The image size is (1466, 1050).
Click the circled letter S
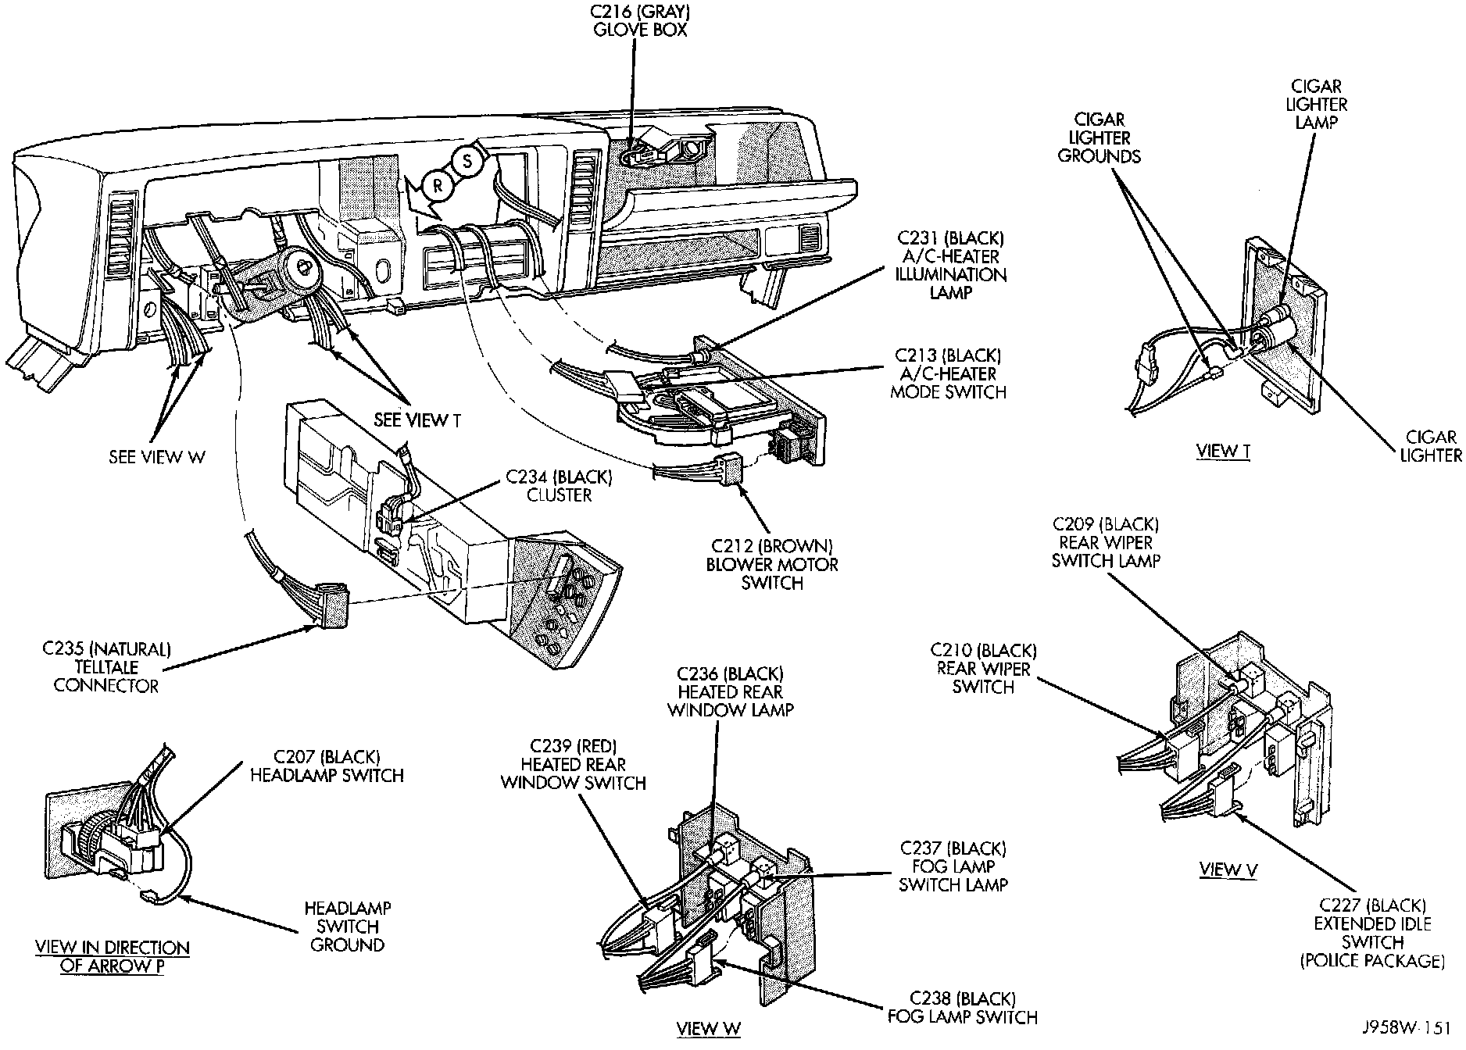click(467, 162)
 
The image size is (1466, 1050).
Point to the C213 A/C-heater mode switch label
click(948, 373)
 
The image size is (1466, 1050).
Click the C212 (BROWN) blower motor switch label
click(771, 564)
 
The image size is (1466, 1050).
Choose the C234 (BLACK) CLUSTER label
click(559, 486)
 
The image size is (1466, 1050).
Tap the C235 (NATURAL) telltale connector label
click(106, 667)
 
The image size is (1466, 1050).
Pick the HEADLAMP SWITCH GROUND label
click(348, 927)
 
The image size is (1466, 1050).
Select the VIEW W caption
click(708, 1028)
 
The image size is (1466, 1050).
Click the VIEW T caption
click(1223, 451)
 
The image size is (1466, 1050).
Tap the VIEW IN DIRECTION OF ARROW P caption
click(113, 956)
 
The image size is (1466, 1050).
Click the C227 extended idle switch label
click(1372, 933)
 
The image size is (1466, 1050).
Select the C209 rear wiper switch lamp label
click(1105, 542)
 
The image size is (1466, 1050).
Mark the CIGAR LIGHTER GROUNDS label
click(1099, 137)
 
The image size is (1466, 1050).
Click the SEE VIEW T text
click(417, 420)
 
